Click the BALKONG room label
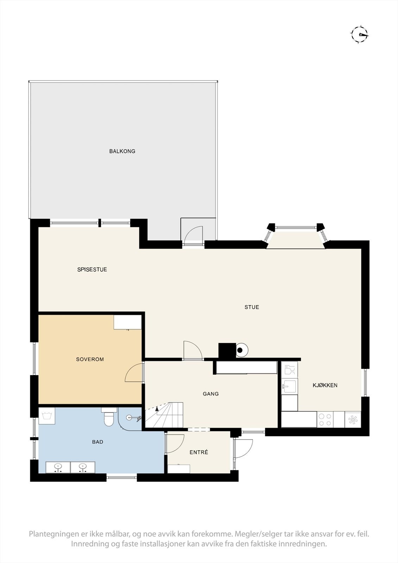122,151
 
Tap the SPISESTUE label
92,270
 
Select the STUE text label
252,307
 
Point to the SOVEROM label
90,359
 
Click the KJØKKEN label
325,385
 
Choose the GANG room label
211,394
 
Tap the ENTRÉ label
199,452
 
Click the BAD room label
97,442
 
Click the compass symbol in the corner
359,34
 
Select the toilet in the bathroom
109,418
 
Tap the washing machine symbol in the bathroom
46,417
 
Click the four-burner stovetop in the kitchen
324,419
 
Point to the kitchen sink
289,386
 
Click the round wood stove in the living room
241,350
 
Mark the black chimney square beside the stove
227,351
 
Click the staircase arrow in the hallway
157,408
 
